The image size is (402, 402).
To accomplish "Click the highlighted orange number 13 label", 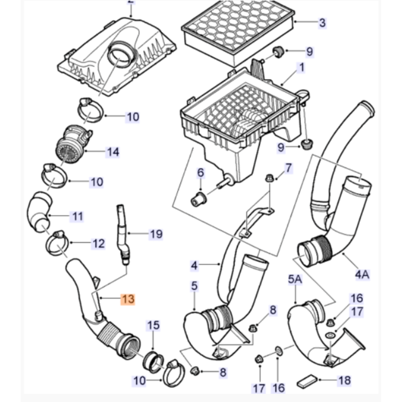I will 128,299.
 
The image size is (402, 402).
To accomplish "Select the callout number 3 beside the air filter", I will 322,23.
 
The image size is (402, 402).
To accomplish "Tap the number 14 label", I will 113,152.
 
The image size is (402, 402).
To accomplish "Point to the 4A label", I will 362,274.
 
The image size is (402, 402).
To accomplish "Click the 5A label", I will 295,280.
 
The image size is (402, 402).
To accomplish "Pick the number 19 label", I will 156,234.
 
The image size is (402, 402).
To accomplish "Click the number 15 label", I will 153,325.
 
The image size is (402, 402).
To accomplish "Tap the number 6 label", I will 200,173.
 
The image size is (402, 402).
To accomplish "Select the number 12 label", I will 98,244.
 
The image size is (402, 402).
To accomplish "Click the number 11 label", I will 78,216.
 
